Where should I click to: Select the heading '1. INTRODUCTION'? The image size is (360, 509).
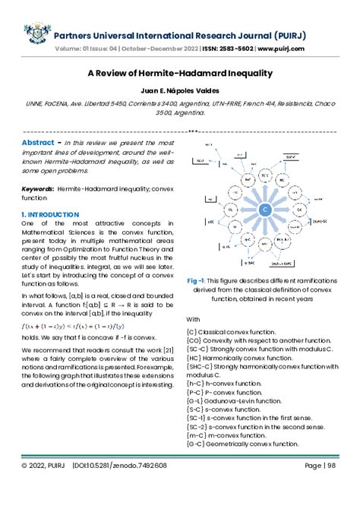51,215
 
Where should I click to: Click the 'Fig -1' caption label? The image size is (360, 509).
199,301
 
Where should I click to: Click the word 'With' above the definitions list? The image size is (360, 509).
193,340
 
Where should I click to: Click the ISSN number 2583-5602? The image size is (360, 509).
223,48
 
